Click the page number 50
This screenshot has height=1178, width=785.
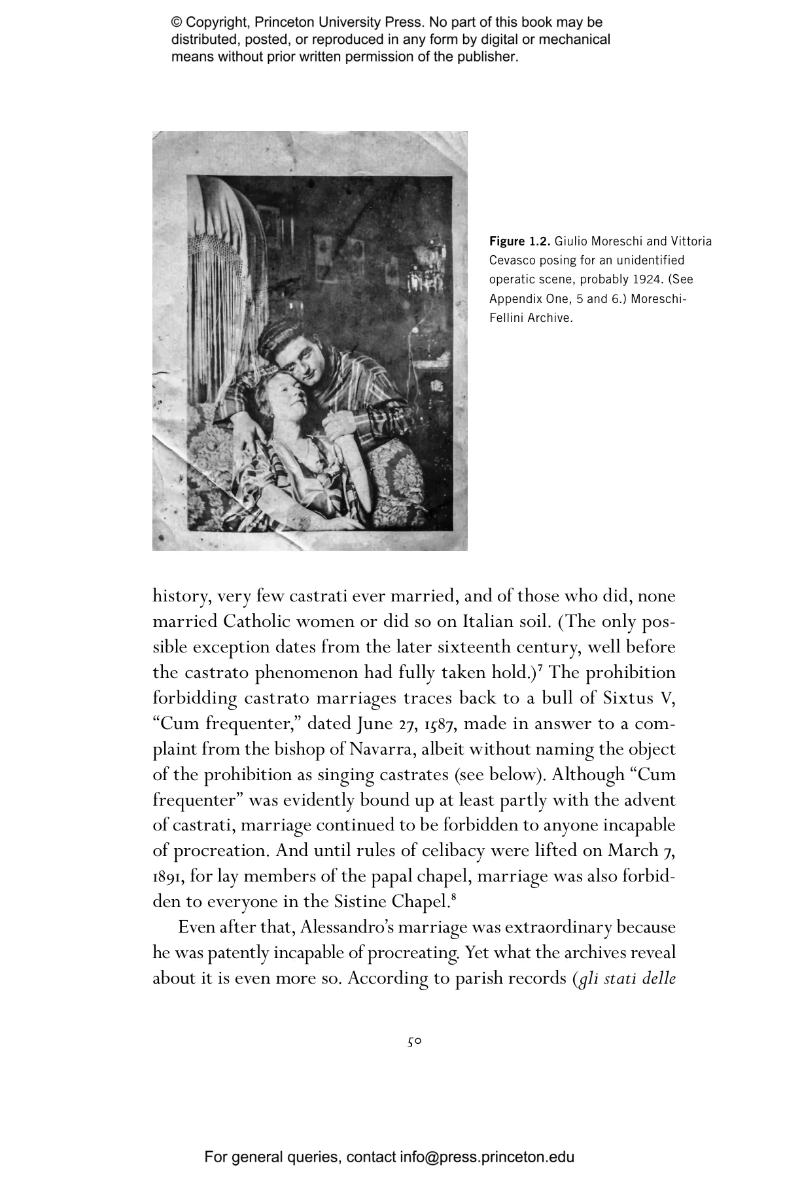pyautogui.click(x=414, y=1042)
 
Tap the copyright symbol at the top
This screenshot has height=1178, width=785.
pyautogui.click(x=177, y=23)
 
